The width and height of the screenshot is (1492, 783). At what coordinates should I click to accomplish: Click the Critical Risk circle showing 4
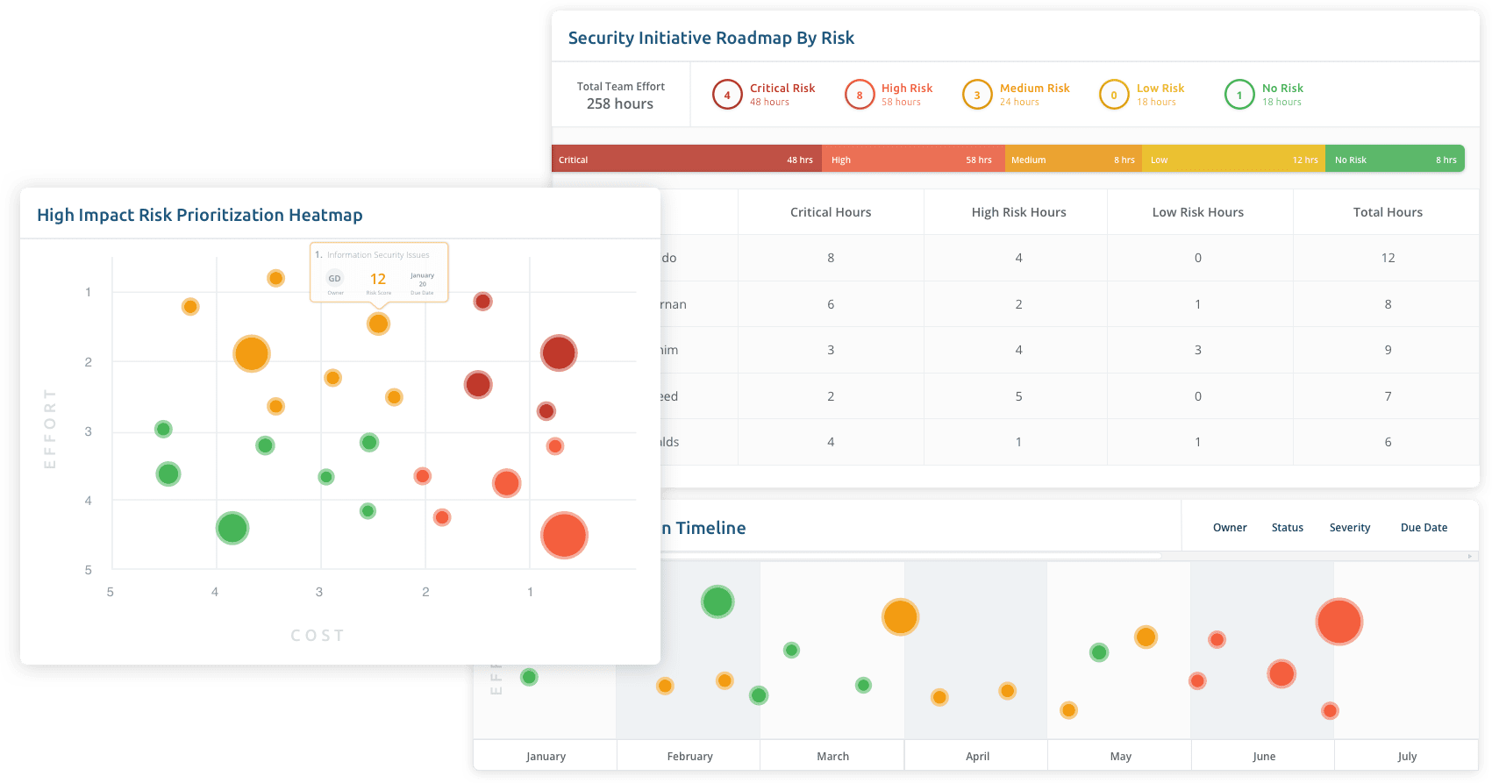click(x=727, y=95)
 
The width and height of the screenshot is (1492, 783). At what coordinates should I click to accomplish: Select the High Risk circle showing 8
click(x=860, y=95)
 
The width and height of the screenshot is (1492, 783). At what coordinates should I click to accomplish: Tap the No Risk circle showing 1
click(x=1239, y=95)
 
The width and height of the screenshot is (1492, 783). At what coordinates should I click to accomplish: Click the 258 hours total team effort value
click(x=620, y=103)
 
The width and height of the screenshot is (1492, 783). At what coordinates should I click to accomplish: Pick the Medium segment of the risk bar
click(x=1073, y=160)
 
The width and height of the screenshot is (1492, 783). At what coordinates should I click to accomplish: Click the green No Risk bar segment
click(x=1395, y=160)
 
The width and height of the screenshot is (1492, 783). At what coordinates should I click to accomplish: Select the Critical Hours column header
click(x=831, y=212)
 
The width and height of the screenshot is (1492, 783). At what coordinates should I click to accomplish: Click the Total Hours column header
click(x=1388, y=212)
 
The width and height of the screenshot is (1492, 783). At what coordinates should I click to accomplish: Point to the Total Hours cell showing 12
click(x=1388, y=258)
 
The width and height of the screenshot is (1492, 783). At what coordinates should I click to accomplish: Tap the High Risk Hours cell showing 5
click(x=1018, y=396)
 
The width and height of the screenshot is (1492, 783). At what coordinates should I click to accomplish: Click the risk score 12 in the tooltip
click(x=378, y=279)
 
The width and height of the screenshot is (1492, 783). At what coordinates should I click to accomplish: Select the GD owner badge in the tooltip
click(x=335, y=279)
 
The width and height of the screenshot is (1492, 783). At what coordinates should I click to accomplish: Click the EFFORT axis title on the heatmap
click(x=50, y=429)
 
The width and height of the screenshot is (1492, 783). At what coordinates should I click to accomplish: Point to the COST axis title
click(x=318, y=636)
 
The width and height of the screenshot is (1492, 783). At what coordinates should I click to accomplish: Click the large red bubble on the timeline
click(x=1339, y=622)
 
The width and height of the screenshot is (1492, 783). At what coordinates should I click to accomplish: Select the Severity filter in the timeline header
click(x=1349, y=528)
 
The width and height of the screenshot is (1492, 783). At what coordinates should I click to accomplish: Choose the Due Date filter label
click(x=1424, y=528)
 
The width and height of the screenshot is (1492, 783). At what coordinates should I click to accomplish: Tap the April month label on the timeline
click(x=977, y=757)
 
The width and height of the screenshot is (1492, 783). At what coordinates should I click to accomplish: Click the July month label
click(x=1407, y=757)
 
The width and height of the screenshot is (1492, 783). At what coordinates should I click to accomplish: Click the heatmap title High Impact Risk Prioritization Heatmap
click(x=200, y=215)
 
